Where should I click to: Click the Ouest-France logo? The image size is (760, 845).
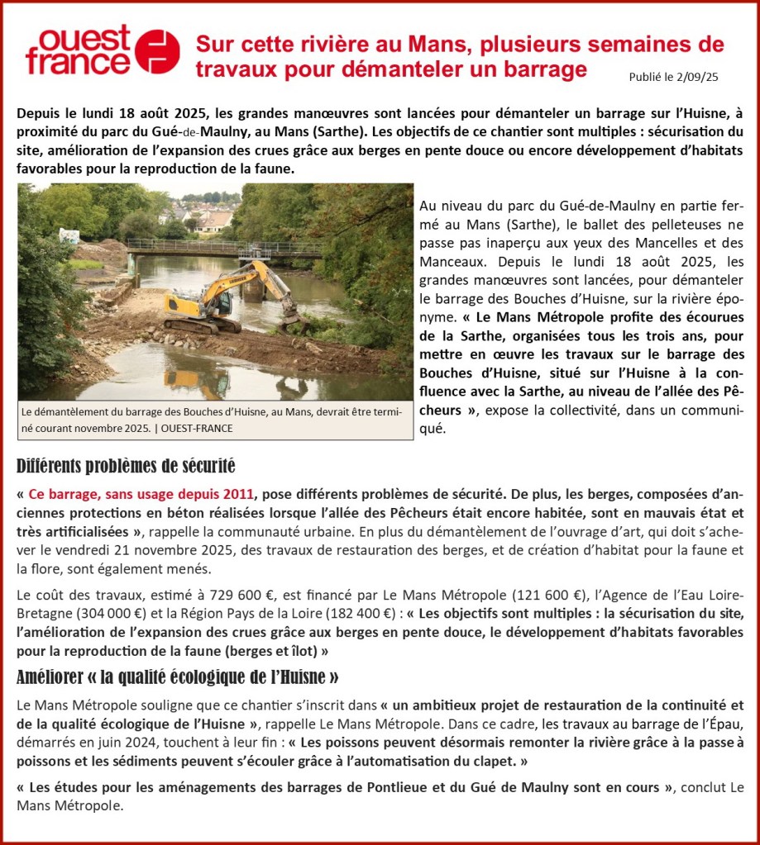click(x=102, y=50)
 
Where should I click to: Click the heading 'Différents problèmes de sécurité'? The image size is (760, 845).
click(x=126, y=464)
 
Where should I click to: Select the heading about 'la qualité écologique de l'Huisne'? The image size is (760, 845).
click(x=177, y=678)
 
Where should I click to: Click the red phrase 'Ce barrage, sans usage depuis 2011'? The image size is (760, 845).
click(x=141, y=494)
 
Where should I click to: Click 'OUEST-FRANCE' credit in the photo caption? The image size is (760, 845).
click(x=198, y=428)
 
